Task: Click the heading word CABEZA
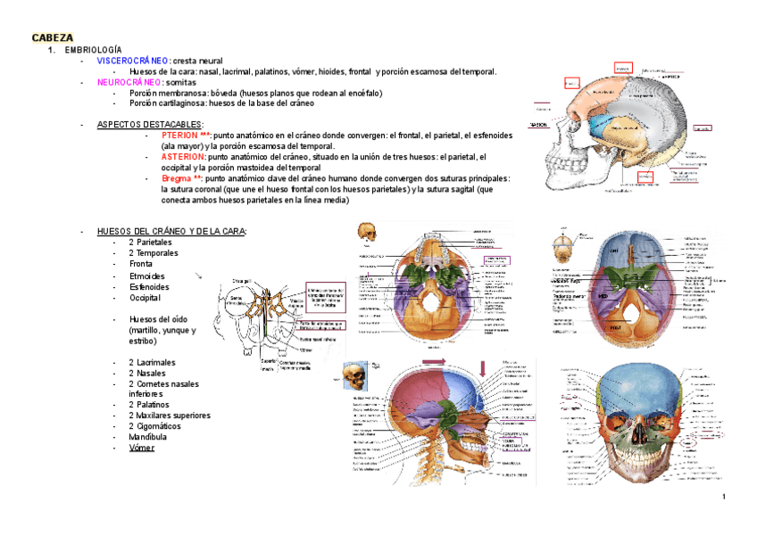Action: [x=53, y=37]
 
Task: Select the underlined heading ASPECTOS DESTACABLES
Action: [x=149, y=125]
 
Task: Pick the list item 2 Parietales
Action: [x=150, y=242]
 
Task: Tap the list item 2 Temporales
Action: [x=153, y=252]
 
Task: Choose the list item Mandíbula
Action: [x=148, y=437]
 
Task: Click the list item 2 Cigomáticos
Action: [x=154, y=426]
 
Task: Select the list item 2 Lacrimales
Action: [x=152, y=363]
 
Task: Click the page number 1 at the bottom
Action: [x=724, y=497]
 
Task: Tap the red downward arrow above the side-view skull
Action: [x=483, y=366]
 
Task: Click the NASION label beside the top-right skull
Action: [x=539, y=125]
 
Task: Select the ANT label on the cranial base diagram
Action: [x=614, y=252]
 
